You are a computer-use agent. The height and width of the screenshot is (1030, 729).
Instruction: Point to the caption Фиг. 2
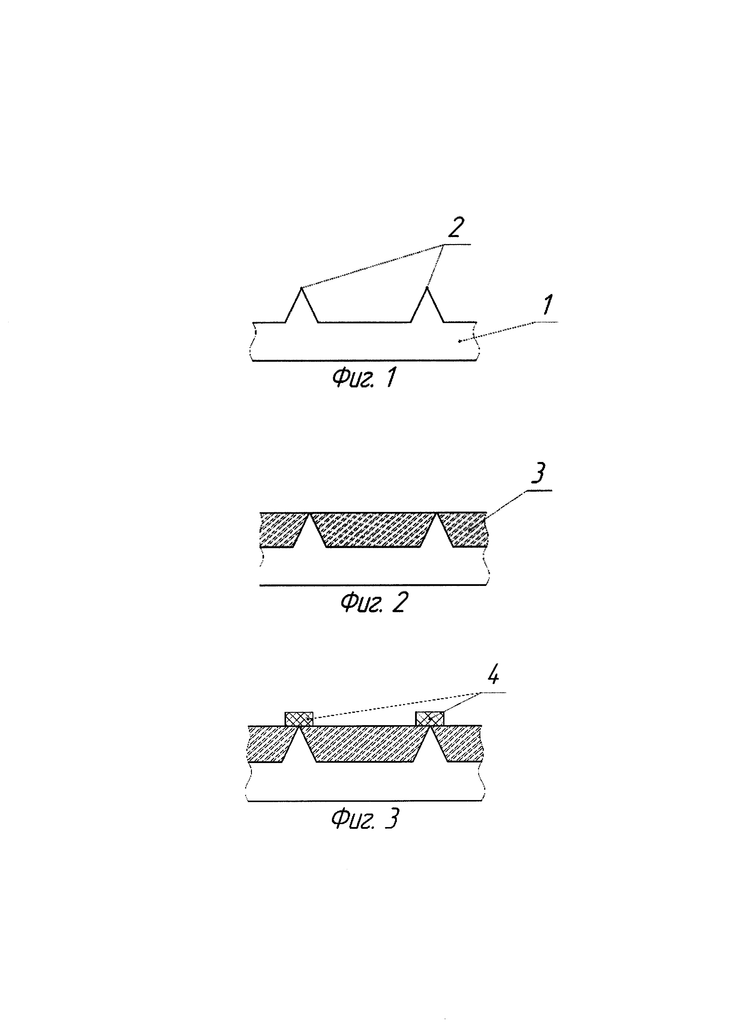[374, 602]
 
